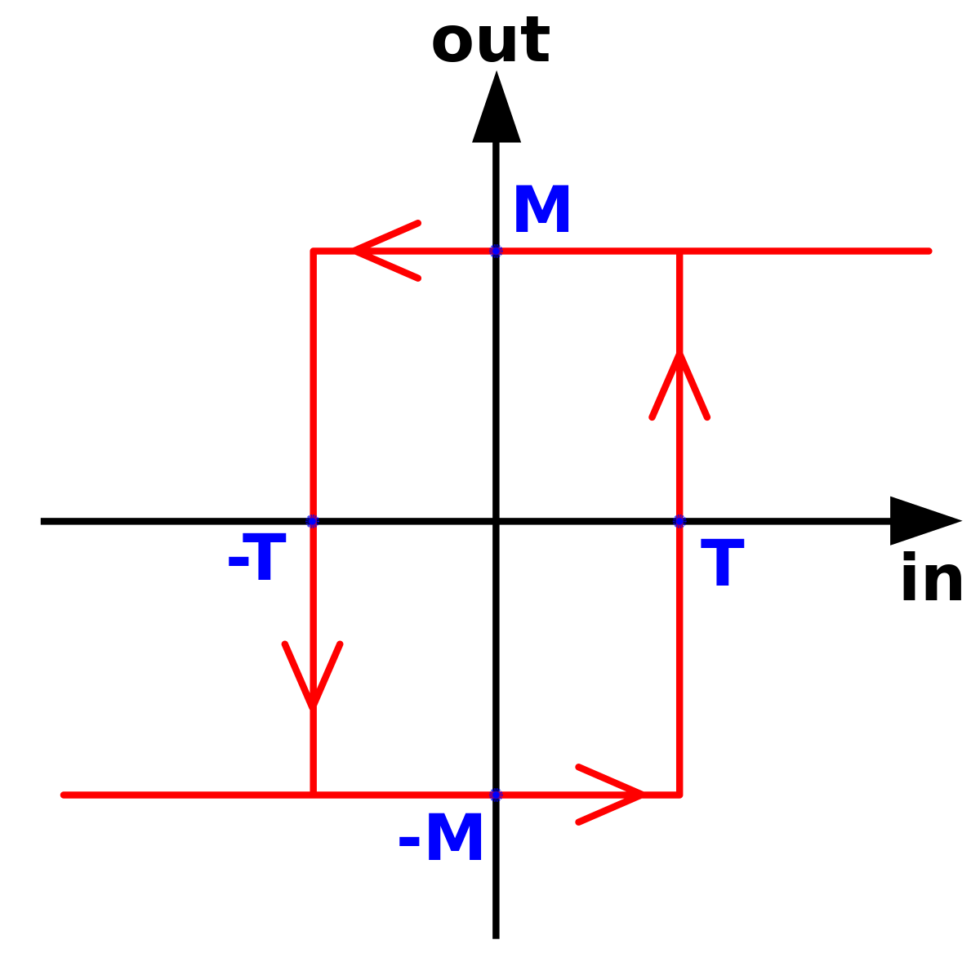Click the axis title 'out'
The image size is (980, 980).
tap(490, 40)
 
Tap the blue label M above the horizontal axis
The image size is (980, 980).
tap(541, 208)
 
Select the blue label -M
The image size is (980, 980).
tap(440, 836)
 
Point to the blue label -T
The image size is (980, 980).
tap(256, 556)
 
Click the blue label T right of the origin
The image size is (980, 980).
tap(722, 562)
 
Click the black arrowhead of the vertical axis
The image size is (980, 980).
tap(497, 107)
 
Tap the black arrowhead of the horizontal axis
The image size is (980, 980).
tap(925, 521)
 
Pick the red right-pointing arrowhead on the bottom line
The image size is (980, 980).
tap(610, 795)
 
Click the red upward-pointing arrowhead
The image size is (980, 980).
tap(679, 386)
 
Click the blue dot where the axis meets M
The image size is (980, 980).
tap(496, 251)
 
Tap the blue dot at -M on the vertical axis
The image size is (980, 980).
tap(496, 795)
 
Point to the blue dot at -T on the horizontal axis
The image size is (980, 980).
tap(312, 521)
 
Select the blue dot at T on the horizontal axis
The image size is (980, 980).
tap(679, 521)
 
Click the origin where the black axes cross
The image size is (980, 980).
tap(496, 521)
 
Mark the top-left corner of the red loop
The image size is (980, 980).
tap(313, 251)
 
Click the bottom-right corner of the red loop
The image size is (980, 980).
tap(679, 795)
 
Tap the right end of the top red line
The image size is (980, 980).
tap(929, 251)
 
